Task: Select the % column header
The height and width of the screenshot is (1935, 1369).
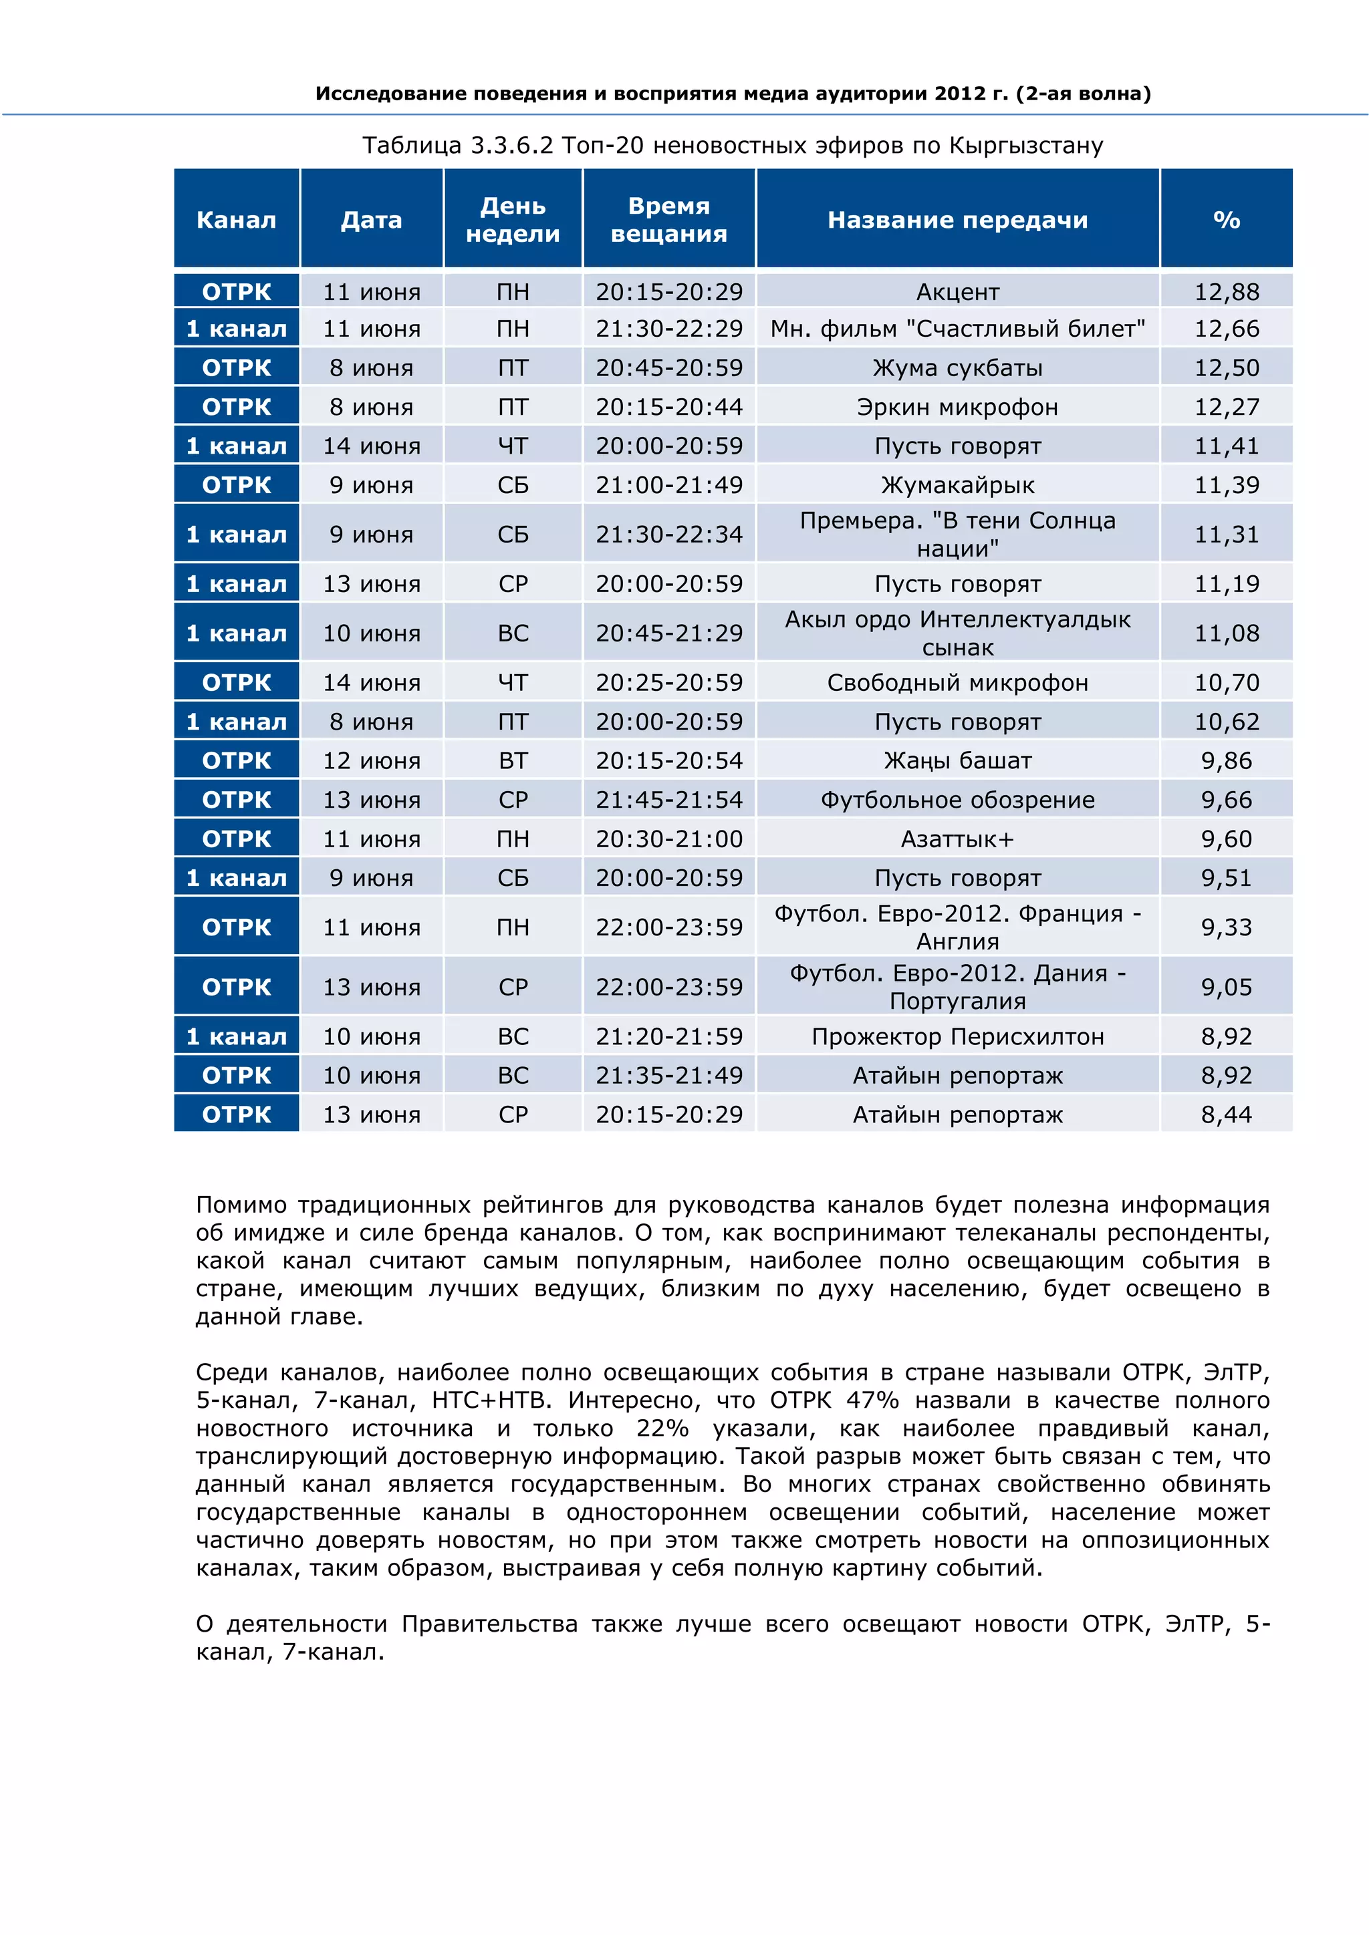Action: pos(1226,220)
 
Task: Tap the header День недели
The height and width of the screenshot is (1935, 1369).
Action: pos(513,220)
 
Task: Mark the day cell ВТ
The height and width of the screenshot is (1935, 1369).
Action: pos(513,760)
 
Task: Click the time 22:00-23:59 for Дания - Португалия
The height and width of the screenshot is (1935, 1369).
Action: pos(668,987)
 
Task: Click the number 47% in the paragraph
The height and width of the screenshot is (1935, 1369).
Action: pos(872,1400)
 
